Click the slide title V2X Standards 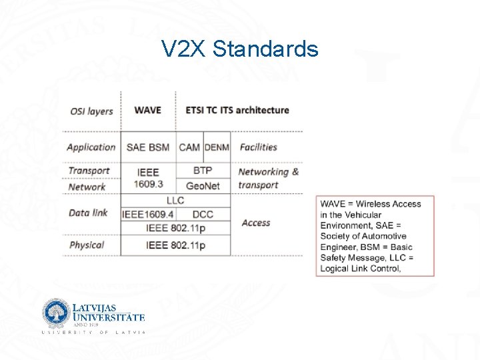pyautogui.click(x=240, y=49)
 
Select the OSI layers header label pyautogui.click(x=91, y=111)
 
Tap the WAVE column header pyautogui.click(x=147, y=110)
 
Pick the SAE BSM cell pyautogui.click(x=147, y=147)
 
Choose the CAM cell pyautogui.click(x=189, y=147)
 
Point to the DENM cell pyautogui.click(x=217, y=147)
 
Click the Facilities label pyautogui.click(x=258, y=147)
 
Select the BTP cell pyautogui.click(x=203, y=171)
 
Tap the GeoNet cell pyautogui.click(x=203, y=186)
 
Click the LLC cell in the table pyautogui.click(x=175, y=200)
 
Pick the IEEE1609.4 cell pyautogui.click(x=148, y=214)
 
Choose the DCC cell pyautogui.click(x=203, y=214)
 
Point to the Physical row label pyautogui.click(x=87, y=245)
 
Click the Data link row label pyautogui.click(x=88, y=213)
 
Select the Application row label pyautogui.click(x=91, y=147)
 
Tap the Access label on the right pyautogui.click(x=256, y=223)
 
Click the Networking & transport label pyautogui.click(x=268, y=178)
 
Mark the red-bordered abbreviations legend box pyautogui.click(x=375, y=236)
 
